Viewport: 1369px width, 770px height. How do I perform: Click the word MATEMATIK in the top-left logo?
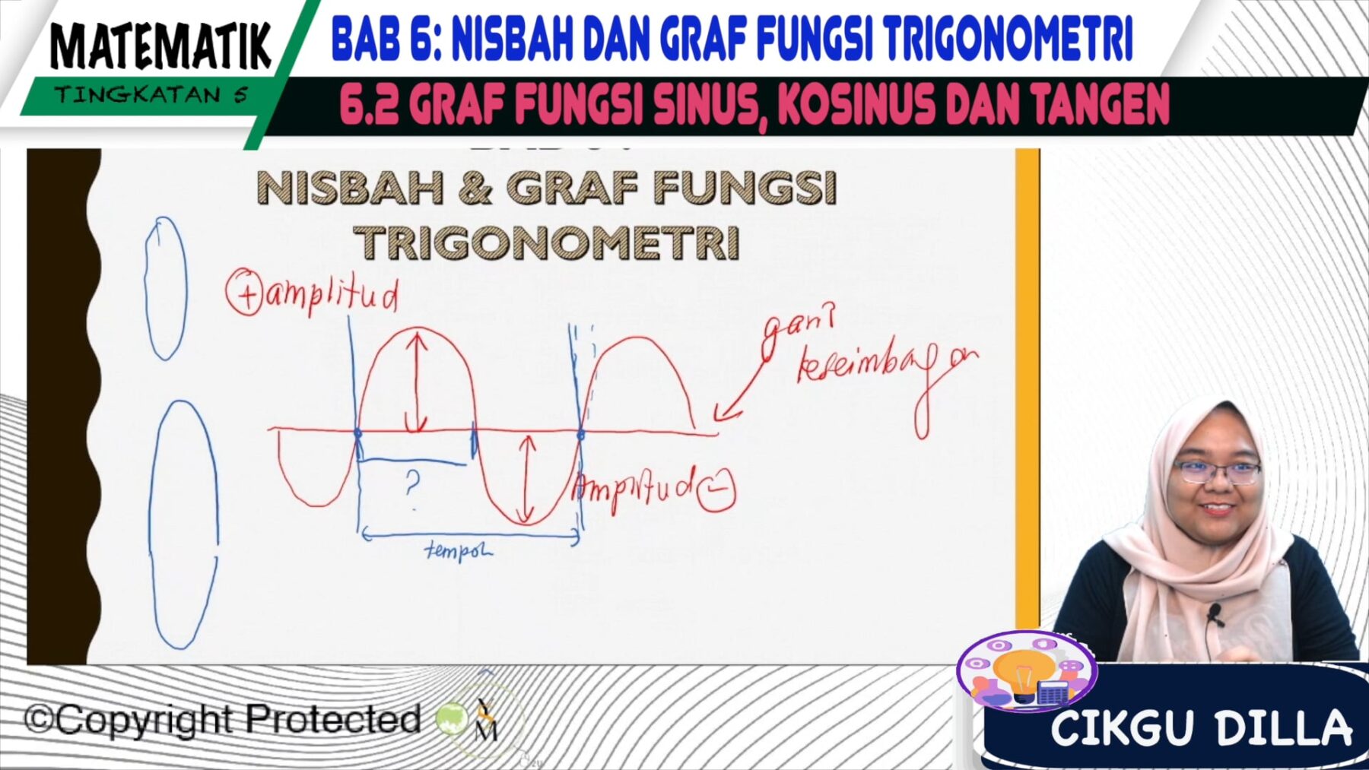point(160,47)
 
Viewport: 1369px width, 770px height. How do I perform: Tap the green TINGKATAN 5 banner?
point(151,95)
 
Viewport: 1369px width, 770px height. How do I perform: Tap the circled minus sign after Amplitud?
point(716,490)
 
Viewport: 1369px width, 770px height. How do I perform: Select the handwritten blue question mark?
point(412,483)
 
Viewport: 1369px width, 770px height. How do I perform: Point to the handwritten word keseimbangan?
point(886,371)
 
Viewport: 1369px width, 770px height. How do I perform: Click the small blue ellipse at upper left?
point(166,288)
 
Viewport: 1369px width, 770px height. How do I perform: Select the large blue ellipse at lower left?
point(184,524)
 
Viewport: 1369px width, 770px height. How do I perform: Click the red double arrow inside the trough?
point(526,479)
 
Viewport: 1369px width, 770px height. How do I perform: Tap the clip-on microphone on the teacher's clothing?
point(1215,612)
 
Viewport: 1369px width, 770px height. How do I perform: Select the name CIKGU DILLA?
point(1201,728)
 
